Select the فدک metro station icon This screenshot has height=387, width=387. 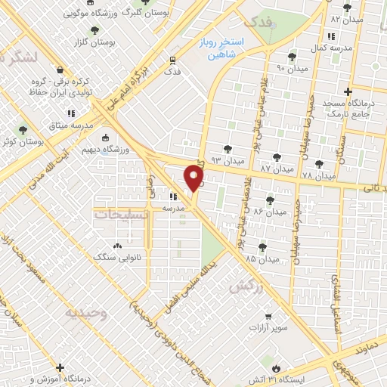(x=173, y=60)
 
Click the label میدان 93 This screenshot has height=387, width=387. (x=228, y=161)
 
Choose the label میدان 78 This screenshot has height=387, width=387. (x=317, y=176)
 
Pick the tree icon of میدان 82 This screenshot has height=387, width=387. (x=347, y=8)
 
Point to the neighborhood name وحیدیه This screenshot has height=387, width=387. (x=85, y=312)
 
